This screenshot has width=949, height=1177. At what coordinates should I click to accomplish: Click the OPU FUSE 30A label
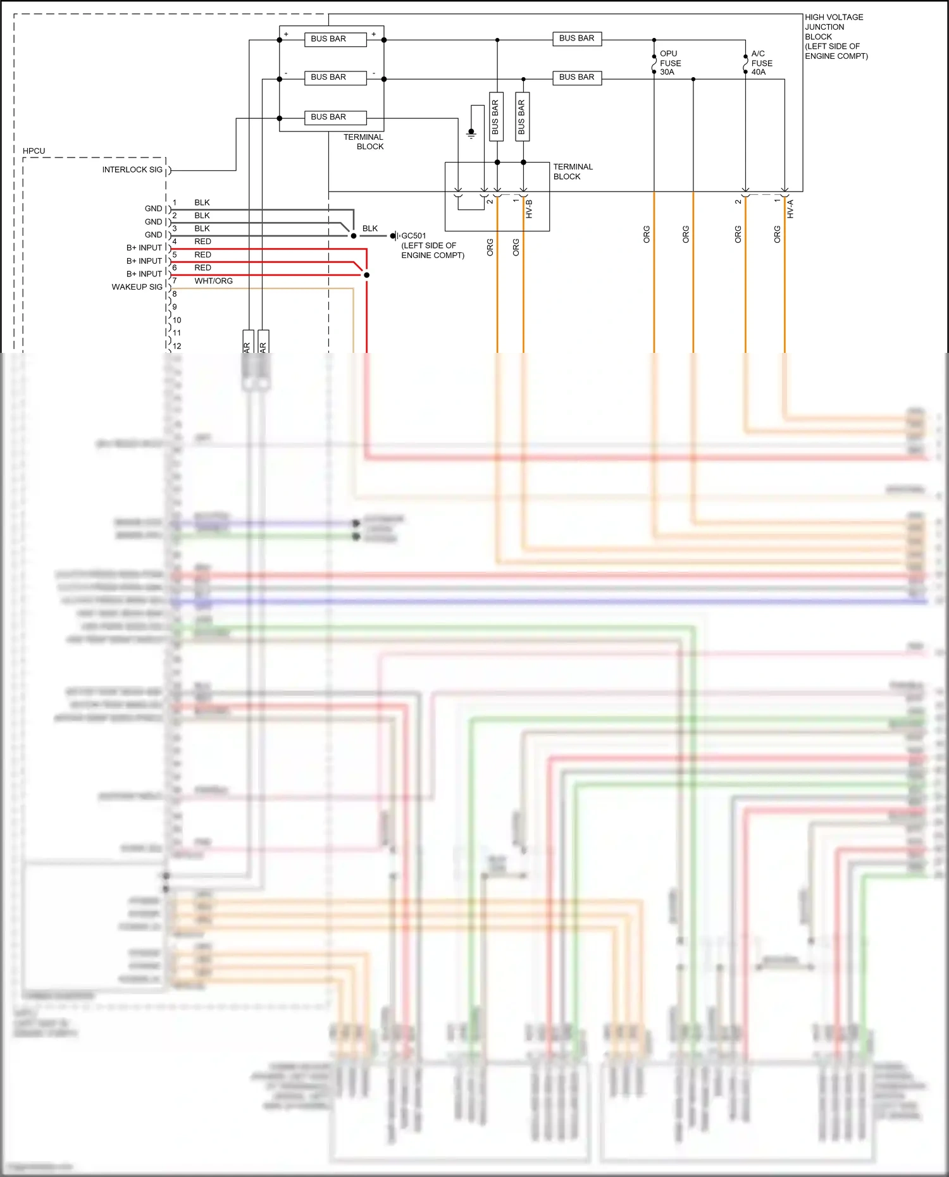coord(670,63)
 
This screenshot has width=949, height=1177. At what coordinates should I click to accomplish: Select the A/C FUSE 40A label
coord(761,63)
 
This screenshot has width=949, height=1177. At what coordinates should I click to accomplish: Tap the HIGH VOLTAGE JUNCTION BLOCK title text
coord(835,36)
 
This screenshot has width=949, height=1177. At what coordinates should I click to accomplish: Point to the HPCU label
coord(34,151)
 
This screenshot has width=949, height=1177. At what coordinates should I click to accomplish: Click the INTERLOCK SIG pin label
coord(132,169)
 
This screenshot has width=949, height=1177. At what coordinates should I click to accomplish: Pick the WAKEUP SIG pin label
coord(137,287)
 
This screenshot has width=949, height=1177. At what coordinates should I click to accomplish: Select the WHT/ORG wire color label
coord(213,281)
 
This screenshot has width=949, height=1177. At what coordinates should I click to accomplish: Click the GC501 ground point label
coord(414,236)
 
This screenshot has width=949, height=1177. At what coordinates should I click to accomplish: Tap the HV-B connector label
coord(529,209)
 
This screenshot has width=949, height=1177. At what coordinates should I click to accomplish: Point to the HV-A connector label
coord(790,209)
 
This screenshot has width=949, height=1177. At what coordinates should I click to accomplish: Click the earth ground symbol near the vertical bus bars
coord(471,133)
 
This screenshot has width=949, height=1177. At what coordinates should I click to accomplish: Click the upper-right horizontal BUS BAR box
coord(576,39)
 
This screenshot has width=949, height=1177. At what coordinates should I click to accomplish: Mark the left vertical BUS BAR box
coord(496,117)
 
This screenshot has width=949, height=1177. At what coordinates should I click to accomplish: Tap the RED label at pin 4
coord(202,242)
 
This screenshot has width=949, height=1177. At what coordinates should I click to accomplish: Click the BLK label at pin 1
coord(202,202)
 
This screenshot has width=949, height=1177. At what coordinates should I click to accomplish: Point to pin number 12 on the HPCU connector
coord(177,346)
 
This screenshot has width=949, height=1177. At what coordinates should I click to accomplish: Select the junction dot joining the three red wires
coord(366,275)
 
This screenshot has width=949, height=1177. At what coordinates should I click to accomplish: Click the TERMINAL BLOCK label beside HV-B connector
coord(573,171)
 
